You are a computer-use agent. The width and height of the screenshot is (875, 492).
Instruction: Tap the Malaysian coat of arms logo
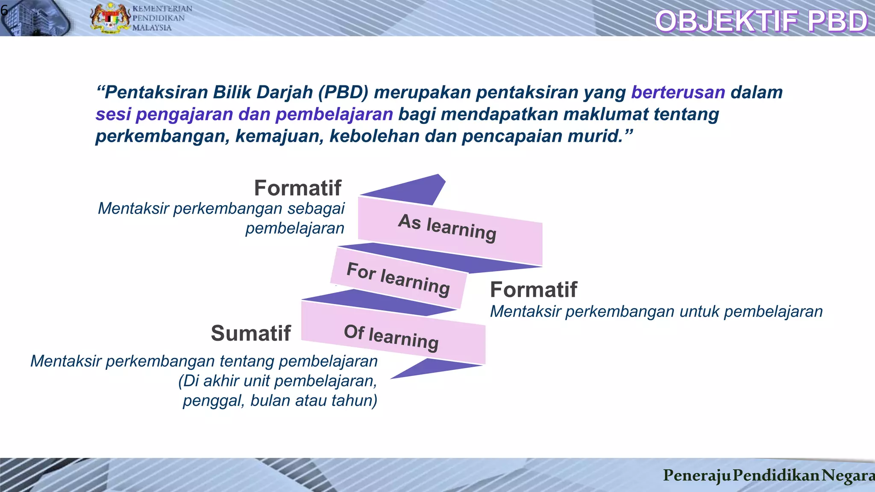(x=110, y=18)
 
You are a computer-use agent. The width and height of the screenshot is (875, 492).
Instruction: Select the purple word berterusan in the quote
(x=678, y=92)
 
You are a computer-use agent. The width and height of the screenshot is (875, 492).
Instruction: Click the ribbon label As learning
(x=447, y=228)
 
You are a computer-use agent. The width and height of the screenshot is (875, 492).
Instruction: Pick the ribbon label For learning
(x=398, y=278)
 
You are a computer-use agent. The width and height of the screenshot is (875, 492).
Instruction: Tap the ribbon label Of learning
(x=391, y=337)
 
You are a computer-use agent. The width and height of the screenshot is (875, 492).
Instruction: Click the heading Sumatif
(x=251, y=333)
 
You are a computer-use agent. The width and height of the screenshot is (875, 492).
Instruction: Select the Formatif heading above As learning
(x=298, y=188)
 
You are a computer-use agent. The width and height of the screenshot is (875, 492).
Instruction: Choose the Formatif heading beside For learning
(x=534, y=290)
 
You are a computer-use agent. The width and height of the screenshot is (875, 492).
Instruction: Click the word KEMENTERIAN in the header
(x=162, y=9)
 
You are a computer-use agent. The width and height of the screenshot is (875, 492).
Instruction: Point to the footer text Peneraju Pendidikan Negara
(x=768, y=475)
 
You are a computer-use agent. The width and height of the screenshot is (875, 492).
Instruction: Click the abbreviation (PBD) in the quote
(x=343, y=92)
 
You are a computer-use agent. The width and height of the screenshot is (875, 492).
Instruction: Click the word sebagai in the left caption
(x=316, y=208)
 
